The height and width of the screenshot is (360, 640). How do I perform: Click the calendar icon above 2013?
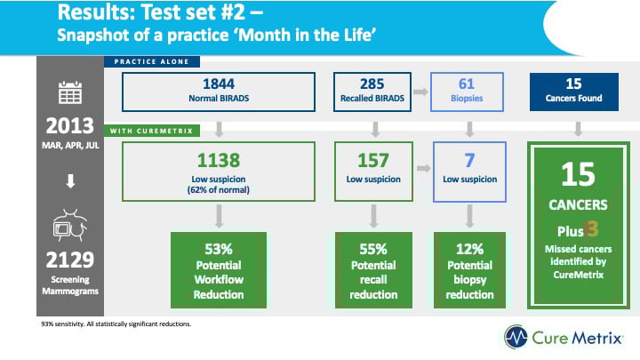(70, 92)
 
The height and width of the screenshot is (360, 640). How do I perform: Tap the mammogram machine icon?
(70, 226)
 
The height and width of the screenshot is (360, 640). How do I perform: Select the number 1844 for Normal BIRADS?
(219, 84)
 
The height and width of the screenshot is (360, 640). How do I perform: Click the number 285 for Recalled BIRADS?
(372, 84)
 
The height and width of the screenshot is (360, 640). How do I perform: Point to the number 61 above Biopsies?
(467, 84)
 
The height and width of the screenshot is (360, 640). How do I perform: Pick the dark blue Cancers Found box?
(574, 92)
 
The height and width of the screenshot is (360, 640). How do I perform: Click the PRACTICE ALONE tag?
(152, 61)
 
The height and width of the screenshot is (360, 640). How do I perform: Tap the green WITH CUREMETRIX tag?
(152, 131)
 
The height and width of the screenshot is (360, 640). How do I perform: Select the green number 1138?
(219, 160)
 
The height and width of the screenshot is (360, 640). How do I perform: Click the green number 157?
(373, 160)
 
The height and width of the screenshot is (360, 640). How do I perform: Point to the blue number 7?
(469, 160)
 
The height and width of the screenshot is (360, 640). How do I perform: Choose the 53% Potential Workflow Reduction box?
(219, 270)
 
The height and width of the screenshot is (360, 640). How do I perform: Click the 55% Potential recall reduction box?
(373, 270)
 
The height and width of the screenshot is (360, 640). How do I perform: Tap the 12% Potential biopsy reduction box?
(469, 270)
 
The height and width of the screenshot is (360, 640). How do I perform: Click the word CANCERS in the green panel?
(578, 205)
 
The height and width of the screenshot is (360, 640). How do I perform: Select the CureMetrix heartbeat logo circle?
(516, 337)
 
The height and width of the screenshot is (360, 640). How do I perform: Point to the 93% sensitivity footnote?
(116, 324)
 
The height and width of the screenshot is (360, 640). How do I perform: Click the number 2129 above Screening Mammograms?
(70, 260)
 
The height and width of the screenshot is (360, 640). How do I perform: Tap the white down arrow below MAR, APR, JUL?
(70, 180)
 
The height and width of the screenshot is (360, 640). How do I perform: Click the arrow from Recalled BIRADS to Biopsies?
(420, 92)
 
